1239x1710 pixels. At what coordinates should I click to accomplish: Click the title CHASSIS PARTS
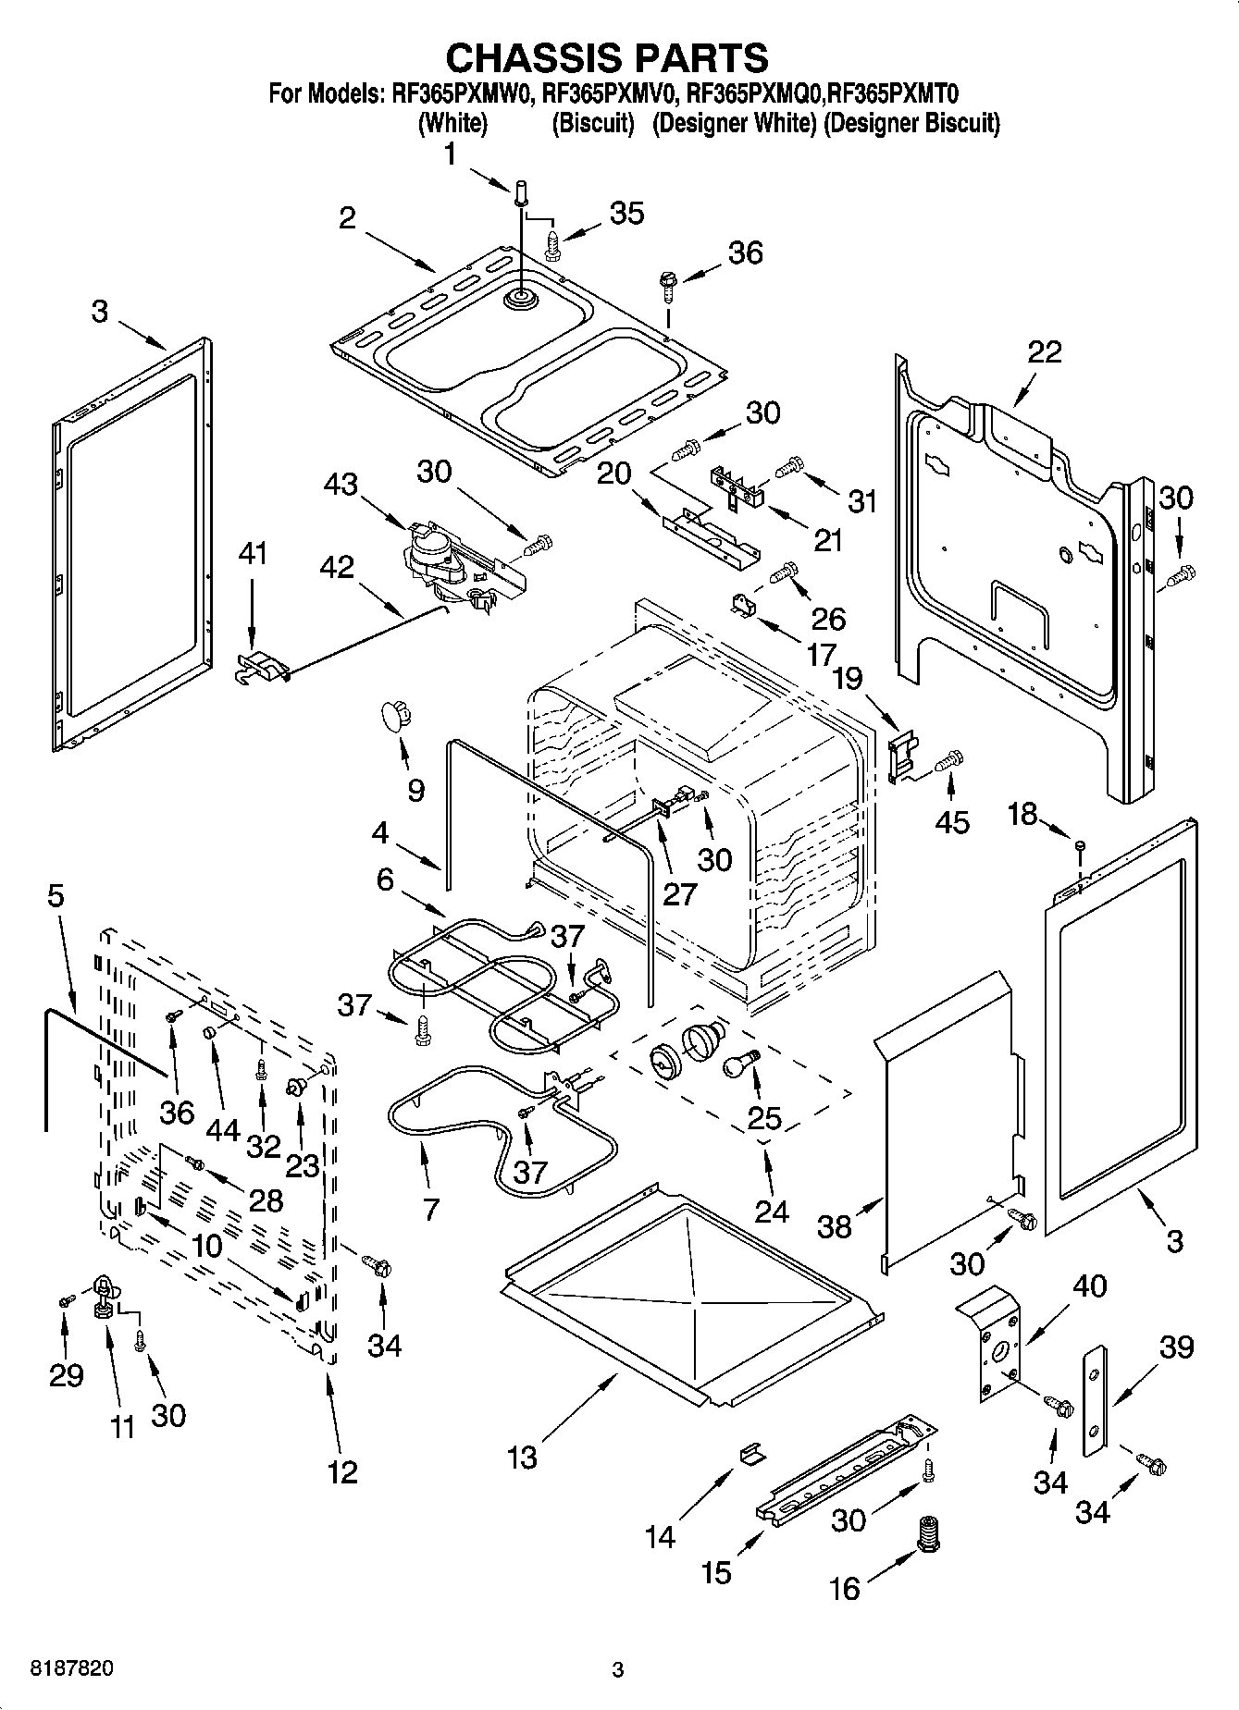point(607,57)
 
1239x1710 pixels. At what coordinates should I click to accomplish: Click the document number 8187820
point(73,1668)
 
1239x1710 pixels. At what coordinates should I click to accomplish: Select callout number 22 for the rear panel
point(1044,352)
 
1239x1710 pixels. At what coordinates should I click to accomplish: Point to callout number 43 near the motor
point(341,484)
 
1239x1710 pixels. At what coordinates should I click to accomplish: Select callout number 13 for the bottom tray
point(522,1458)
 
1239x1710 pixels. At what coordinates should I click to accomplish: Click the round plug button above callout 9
point(394,715)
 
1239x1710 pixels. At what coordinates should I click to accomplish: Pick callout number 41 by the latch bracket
point(252,555)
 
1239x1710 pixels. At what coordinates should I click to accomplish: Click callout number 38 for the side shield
point(834,1227)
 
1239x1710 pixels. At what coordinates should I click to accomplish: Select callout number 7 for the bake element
point(431,1209)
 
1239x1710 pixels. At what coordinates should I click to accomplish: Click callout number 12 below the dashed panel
point(342,1470)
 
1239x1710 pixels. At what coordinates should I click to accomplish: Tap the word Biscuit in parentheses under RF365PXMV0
point(592,123)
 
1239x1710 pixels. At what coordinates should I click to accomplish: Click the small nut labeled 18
point(1080,844)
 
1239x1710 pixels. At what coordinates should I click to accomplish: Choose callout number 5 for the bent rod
point(56,895)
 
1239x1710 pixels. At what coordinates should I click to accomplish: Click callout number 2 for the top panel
point(347,218)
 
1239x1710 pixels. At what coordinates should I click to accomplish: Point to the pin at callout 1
point(521,192)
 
